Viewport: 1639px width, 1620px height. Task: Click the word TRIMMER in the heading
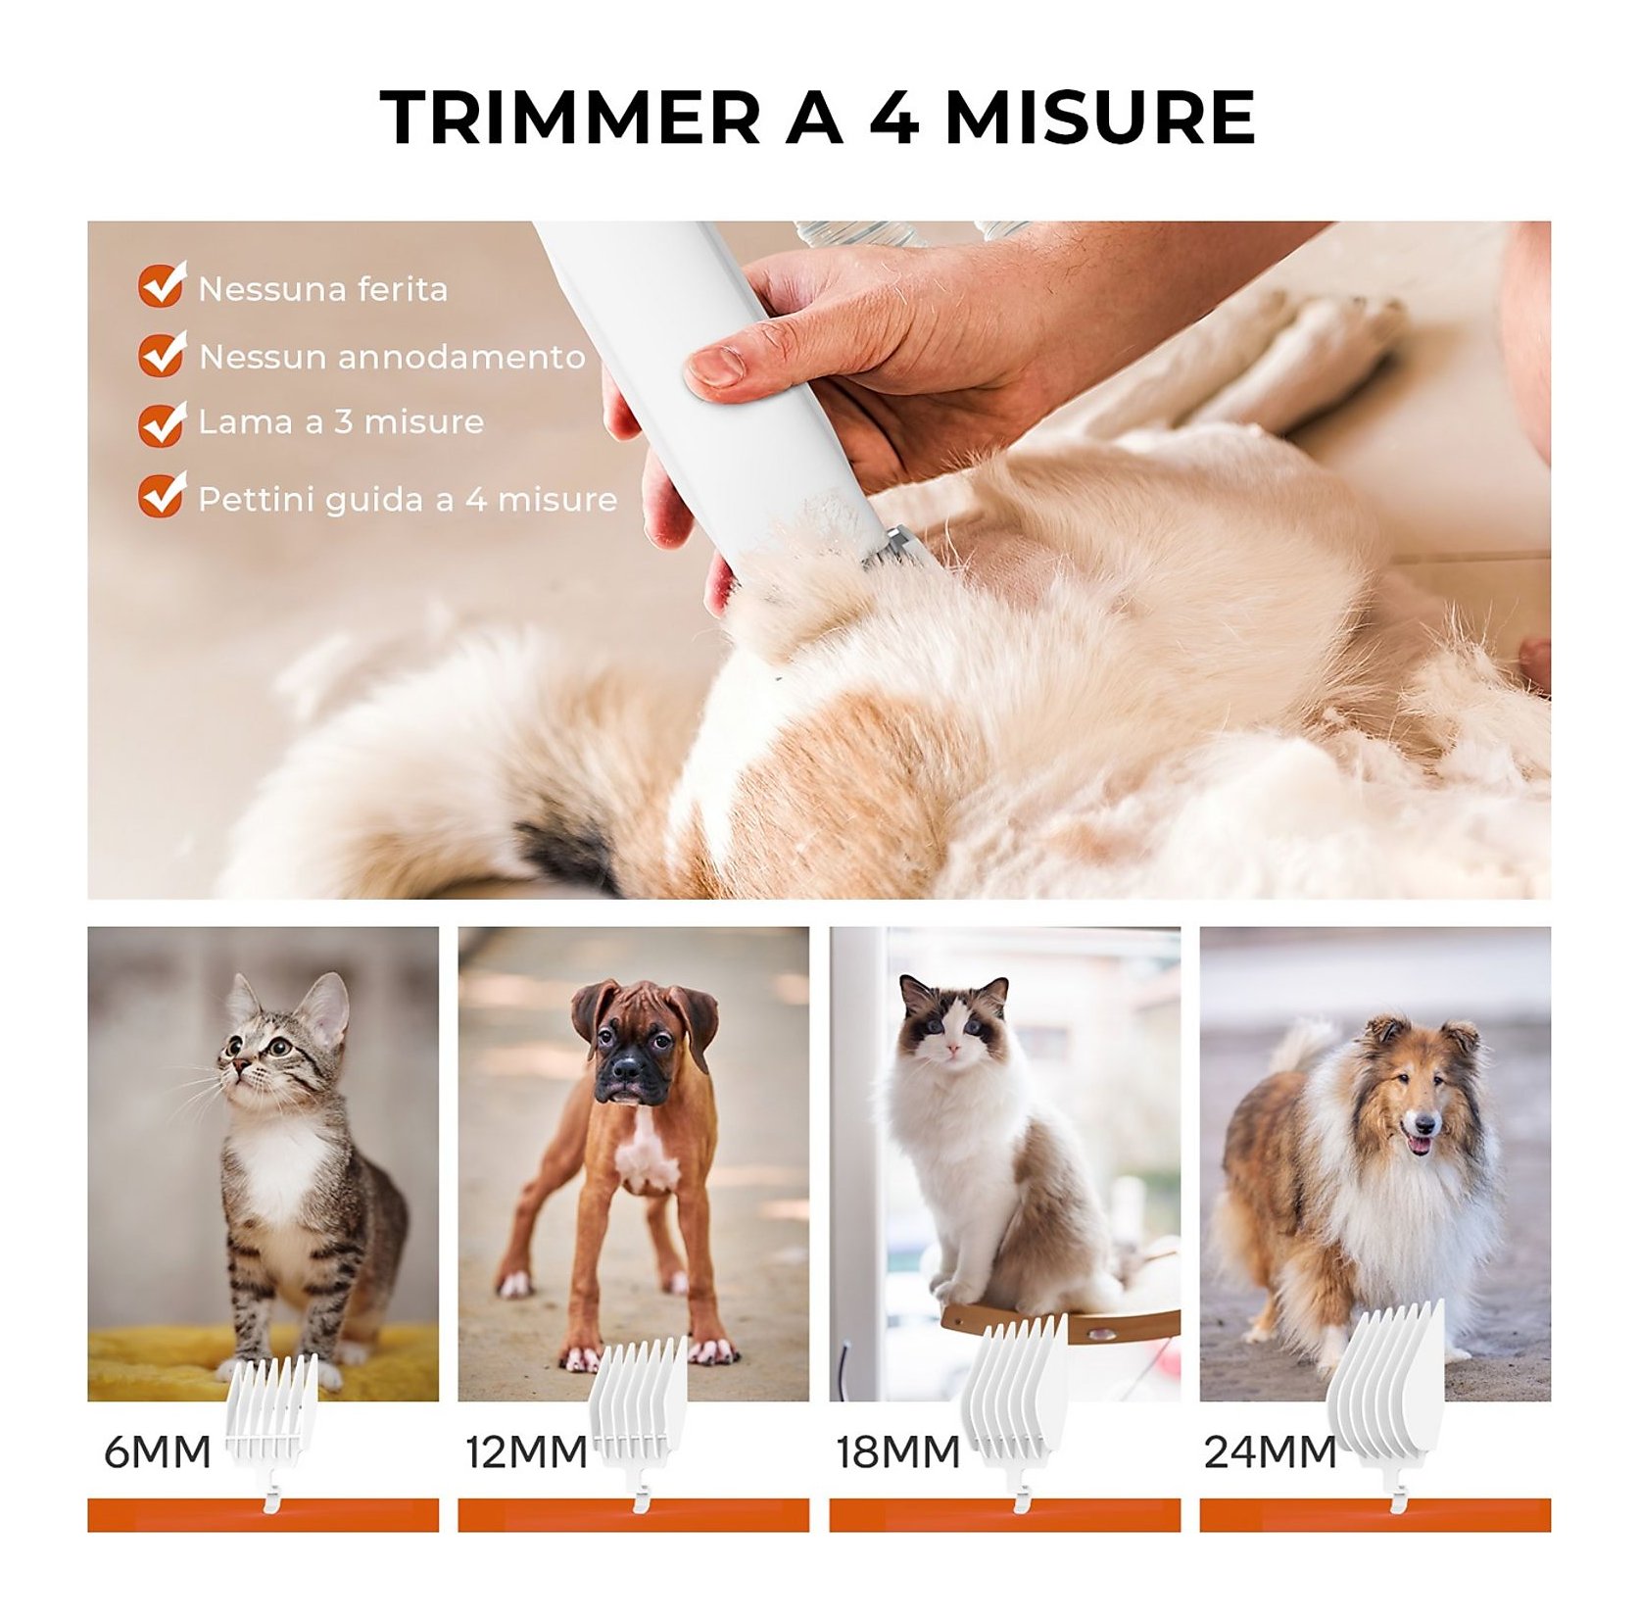[570, 118]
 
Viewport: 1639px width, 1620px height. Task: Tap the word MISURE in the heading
[1099, 118]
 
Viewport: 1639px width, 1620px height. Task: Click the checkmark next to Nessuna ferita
[162, 284]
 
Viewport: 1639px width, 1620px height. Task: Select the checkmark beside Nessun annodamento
[162, 353]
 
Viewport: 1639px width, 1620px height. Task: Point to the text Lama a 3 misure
[341, 422]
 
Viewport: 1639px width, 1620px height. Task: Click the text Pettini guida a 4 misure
[408, 500]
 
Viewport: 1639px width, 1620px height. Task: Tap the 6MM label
[158, 1452]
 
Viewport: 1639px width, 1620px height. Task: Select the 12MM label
[526, 1452]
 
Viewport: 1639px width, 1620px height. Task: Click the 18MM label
[897, 1452]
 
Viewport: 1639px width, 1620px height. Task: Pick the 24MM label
[1270, 1452]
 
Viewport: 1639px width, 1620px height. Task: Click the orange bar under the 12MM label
[633, 1515]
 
